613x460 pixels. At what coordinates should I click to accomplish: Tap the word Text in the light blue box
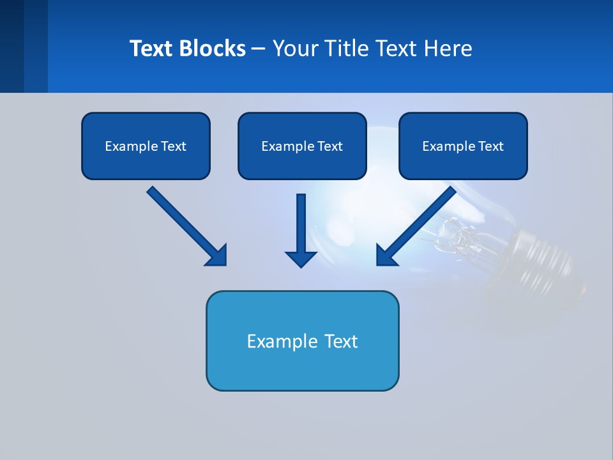pyautogui.click(x=344, y=341)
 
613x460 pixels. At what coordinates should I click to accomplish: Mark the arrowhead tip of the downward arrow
pyautogui.click(x=301, y=266)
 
